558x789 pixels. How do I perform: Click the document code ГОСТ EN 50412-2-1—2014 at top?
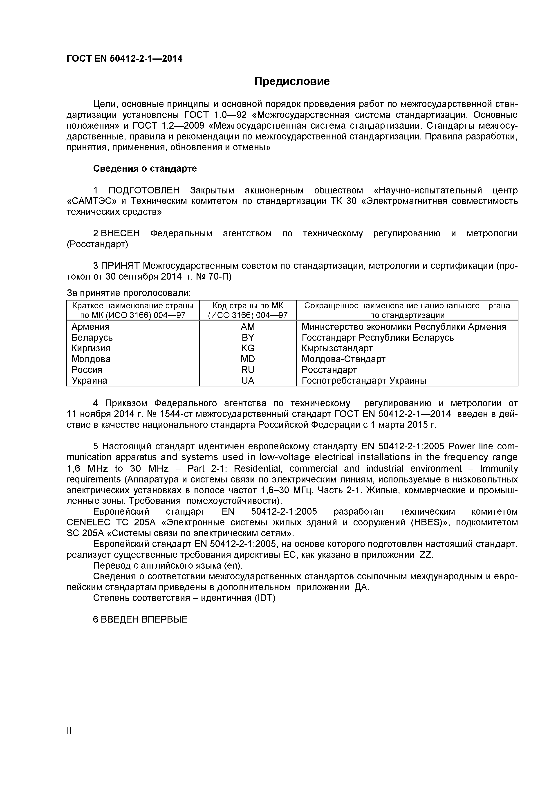point(124,59)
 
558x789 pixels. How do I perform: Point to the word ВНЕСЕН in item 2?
point(121,234)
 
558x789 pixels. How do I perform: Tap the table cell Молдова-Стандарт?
point(343,359)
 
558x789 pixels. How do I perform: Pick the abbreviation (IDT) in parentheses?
point(264,598)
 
